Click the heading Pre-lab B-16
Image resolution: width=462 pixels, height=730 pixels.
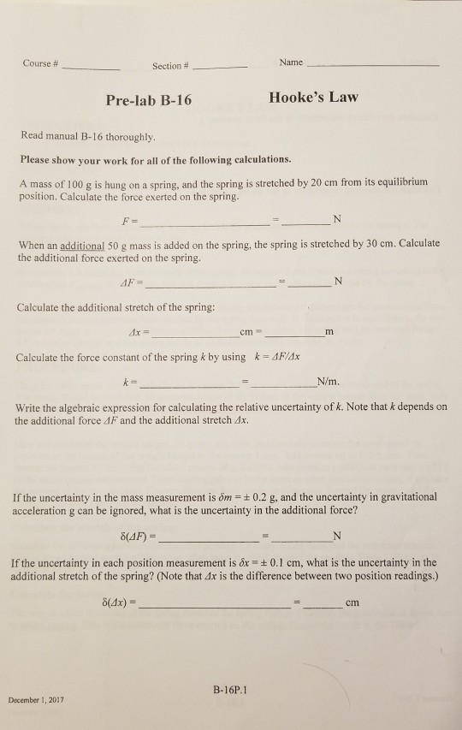pyautogui.click(x=149, y=100)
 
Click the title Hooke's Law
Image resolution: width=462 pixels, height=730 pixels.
pyautogui.click(x=312, y=98)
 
